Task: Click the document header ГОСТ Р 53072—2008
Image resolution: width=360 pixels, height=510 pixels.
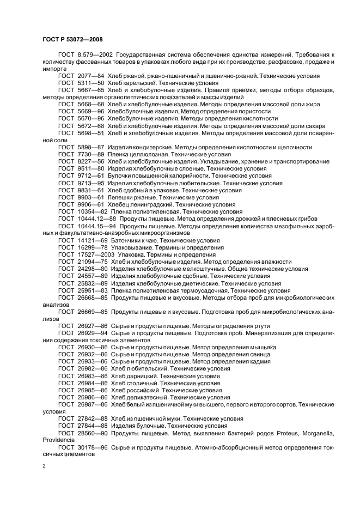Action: [72, 39]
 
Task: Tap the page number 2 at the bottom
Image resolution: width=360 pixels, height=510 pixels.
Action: [44, 466]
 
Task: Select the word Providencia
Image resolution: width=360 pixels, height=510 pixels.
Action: [60, 439]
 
